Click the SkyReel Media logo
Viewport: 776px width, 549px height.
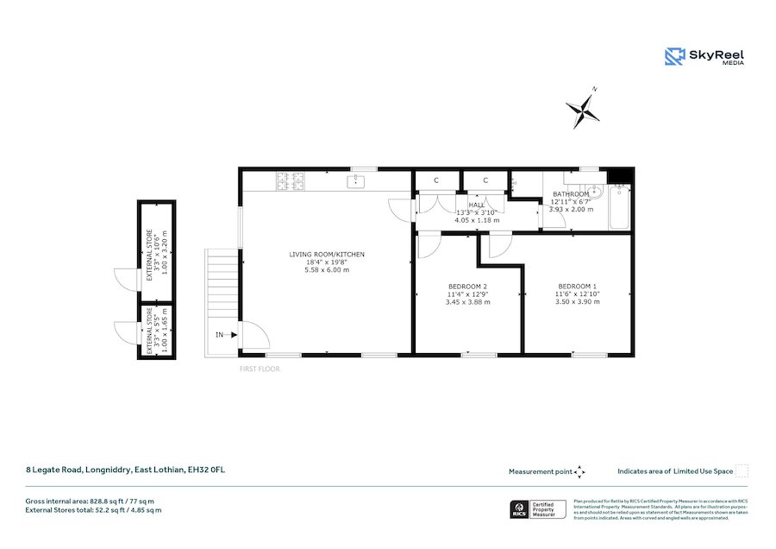pos(704,57)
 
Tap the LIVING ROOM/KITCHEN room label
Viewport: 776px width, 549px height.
pos(327,254)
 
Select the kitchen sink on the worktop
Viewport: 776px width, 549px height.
pos(355,181)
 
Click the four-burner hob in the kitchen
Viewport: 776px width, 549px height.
pos(290,181)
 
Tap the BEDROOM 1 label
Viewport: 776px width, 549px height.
pos(577,286)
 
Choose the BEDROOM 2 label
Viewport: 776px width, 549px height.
pos(468,286)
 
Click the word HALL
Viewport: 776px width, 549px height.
pos(477,205)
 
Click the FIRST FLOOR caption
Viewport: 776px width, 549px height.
pos(260,369)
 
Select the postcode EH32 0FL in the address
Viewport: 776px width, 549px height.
pos(207,470)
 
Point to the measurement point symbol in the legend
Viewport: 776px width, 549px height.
pos(580,471)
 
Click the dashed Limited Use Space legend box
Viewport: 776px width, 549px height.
pos(742,471)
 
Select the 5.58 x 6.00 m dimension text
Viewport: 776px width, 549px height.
pos(327,270)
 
